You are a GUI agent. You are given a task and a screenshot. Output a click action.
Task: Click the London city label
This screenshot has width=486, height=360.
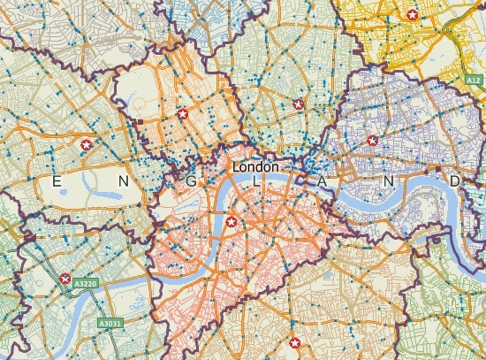(255, 166)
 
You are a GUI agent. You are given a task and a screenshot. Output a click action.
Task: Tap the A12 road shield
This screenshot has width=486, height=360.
(474, 80)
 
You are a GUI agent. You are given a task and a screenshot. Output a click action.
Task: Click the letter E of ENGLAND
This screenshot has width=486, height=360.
(57, 181)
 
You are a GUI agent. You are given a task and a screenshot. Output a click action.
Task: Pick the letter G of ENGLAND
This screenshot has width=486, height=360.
(189, 181)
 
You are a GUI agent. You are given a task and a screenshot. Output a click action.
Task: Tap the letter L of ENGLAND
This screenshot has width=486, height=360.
(255, 181)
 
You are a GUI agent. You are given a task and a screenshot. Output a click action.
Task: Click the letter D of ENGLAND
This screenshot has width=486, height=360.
(454, 181)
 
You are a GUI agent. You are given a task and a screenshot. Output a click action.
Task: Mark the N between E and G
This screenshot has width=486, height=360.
(123, 181)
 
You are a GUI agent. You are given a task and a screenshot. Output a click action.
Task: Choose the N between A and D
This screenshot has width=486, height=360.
(388, 181)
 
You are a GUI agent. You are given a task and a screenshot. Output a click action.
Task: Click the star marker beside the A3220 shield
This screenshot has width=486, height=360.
(65, 279)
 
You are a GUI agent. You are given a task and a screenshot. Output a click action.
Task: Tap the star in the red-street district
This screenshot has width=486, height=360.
(232, 222)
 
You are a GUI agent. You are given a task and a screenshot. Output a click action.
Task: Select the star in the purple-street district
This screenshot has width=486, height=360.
(372, 140)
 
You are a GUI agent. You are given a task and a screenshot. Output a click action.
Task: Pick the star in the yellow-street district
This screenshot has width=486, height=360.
(412, 14)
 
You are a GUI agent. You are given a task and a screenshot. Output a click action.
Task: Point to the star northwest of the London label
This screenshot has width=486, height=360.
(183, 114)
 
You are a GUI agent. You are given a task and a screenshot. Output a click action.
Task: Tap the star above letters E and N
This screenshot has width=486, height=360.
(87, 143)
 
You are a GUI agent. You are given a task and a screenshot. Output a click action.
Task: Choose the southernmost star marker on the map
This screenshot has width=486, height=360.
(295, 342)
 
